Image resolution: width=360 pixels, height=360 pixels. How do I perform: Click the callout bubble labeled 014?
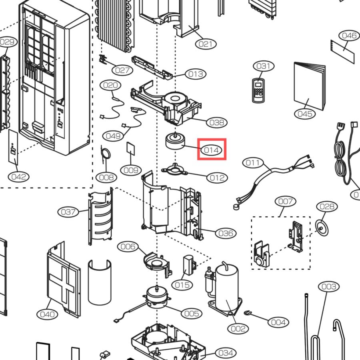pyautogui.click(x=211, y=150)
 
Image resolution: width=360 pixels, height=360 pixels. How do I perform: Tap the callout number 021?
pyautogui.click(x=206, y=44)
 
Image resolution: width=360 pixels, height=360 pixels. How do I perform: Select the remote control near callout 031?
pyautogui.click(x=258, y=90)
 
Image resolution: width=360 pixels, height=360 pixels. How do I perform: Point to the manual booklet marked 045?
pyautogui.click(x=310, y=86)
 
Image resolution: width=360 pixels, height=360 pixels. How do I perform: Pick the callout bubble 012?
pyautogui.click(x=217, y=178)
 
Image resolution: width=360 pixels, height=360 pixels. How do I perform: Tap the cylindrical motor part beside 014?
pyautogui.click(x=176, y=141)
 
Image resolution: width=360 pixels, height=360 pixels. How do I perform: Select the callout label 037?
pyautogui.click(x=68, y=212)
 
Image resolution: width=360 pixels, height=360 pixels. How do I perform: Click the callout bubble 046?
pyautogui.click(x=349, y=36)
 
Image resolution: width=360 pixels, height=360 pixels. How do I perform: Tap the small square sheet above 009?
pyautogui.click(x=131, y=148)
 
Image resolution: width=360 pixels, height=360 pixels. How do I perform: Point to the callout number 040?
pyautogui.click(x=47, y=314)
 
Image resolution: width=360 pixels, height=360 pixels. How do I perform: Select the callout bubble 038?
pyautogui.click(x=217, y=123)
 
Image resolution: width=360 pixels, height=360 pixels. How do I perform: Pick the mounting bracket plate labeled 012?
pyautogui.click(x=175, y=170)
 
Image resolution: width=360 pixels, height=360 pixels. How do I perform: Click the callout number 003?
pyautogui.click(x=329, y=286)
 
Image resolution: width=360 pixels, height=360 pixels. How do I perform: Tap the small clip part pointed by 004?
pyautogui.click(x=248, y=312)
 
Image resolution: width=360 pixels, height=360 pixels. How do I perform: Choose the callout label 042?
pyautogui.click(x=18, y=177)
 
